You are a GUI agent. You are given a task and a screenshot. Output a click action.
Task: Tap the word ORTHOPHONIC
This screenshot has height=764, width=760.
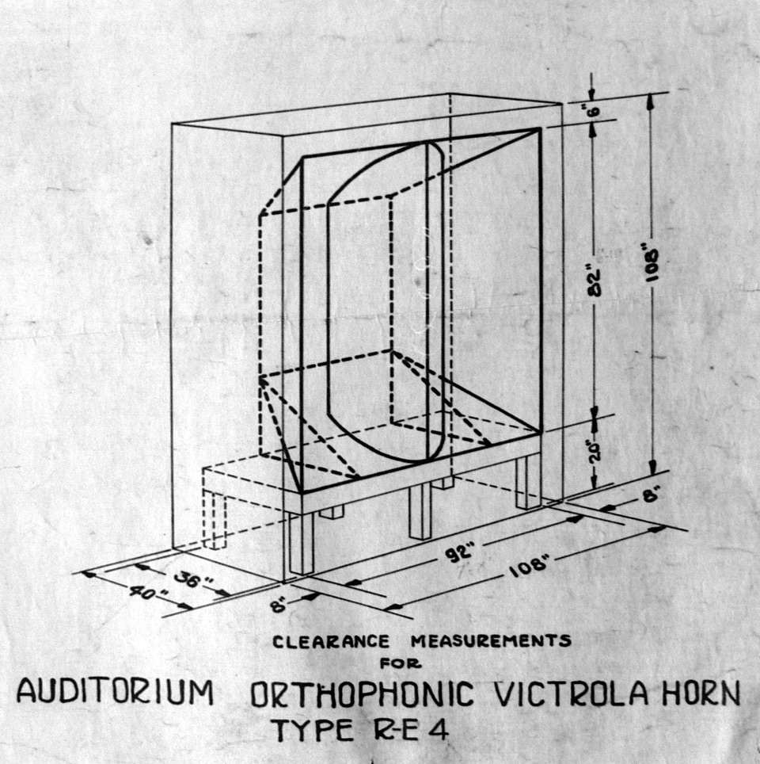pos(363,695)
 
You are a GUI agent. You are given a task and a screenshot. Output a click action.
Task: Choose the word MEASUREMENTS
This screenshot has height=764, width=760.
pos(490,640)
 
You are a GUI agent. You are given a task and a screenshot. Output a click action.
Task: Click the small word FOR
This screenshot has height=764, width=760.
pos(401,663)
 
